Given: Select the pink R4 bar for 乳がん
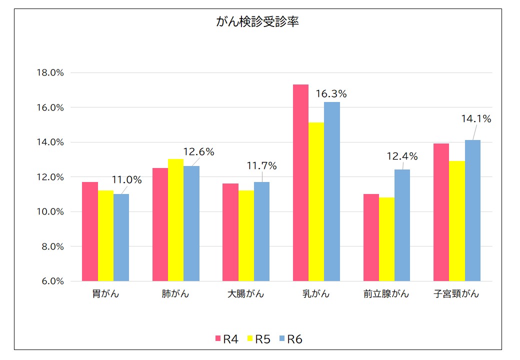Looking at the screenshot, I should click(x=300, y=182).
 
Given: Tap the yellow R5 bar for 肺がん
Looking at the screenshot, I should click(x=175, y=220).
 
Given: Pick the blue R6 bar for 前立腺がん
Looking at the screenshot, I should click(x=402, y=225).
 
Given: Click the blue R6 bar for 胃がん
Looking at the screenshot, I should click(x=121, y=237).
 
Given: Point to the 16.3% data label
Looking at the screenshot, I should click(x=331, y=94).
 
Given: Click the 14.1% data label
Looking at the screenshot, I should click(x=476, y=119).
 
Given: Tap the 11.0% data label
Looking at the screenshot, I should click(x=126, y=180).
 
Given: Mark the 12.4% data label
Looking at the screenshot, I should click(x=402, y=156).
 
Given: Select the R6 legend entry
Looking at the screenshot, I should click(x=291, y=339).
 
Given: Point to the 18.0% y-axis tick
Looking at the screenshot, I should click(x=50, y=72).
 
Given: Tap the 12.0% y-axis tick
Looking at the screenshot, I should click(x=50, y=177).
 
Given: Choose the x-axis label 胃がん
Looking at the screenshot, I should click(x=105, y=294).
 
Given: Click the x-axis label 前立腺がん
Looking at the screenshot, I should click(x=386, y=294).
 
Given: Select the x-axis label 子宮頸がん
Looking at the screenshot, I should click(x=456, y=294).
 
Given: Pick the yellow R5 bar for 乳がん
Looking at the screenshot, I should click(x=316, y=201).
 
